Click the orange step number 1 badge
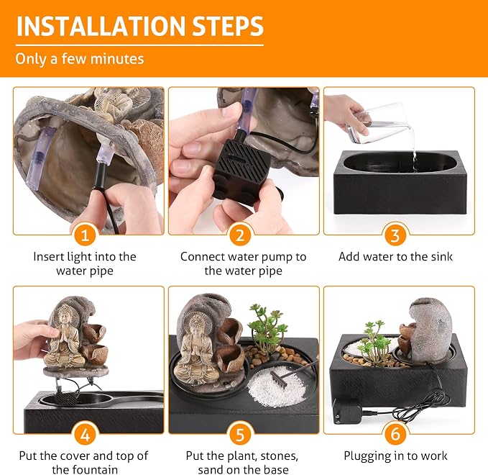pos(85,235)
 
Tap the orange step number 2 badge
pos(240,235)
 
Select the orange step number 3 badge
pos(395,235)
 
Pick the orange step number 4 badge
pos(85,434)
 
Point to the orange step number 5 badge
pos(240,434)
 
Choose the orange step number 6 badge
pos(395,434)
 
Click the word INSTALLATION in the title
pos(101,26)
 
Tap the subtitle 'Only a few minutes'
pos(80,59)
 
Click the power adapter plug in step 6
pos(346,410)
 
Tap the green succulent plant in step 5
pos(267,328)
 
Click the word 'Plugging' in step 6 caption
pos(367,456)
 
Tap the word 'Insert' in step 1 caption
pos(47,257)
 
